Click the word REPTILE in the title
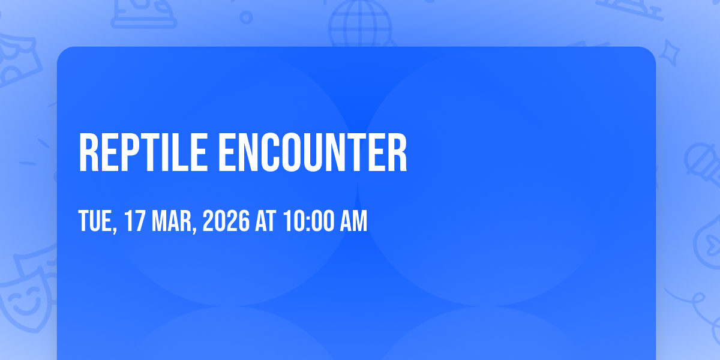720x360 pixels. [143, 152]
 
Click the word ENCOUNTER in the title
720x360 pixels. [313, 152]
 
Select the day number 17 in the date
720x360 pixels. [134, 221]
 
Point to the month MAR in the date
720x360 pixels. [172, 221]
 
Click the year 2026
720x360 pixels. [226, 221]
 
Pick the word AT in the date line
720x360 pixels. [265, 221]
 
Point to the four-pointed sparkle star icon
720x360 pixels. [669, 53]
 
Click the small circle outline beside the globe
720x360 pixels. [246, 17]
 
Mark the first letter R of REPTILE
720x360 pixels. [89, 152]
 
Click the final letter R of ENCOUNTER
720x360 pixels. [397, 152]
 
